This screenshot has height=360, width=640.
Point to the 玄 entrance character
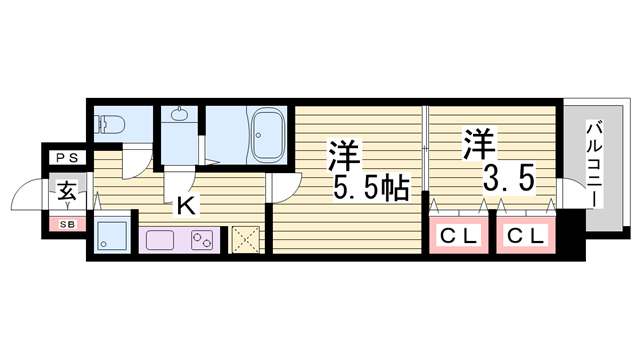click(x=65, y=189)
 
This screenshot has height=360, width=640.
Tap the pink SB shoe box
click(x=67, y=224)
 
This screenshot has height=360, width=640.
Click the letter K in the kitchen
click(x=186, y=207)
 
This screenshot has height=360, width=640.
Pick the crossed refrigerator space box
click(x=245, y=239)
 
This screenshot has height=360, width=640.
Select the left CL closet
click(x=456, y=237)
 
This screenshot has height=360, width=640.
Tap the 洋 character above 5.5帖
click(x=343, y=153)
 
